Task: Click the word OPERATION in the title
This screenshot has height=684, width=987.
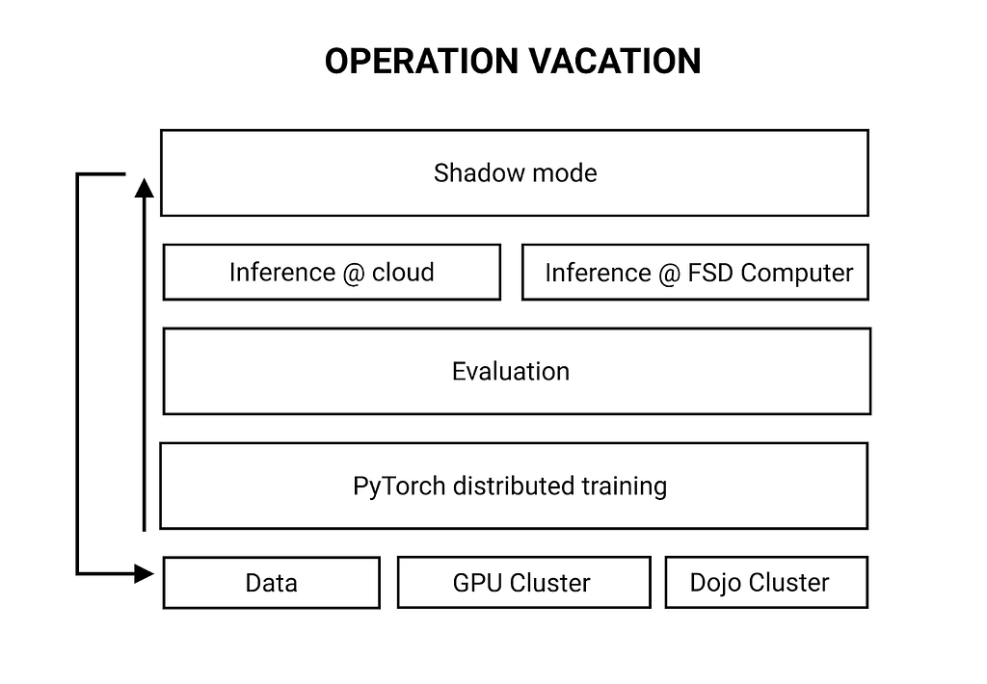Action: click(x=421, y=61)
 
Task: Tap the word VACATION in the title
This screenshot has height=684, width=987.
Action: click(x=614, y=61)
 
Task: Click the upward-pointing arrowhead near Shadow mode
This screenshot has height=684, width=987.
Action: click(x=145, y=188)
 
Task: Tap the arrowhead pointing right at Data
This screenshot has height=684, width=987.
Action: click(x=145, y=574)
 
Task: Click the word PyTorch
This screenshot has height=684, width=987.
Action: click(x=399, y=487)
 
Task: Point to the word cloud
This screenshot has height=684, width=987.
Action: click(x=403, y=273)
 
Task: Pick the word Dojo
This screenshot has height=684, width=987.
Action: click(x=716, y=583)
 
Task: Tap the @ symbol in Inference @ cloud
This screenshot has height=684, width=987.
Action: click(x=353, y=274)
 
